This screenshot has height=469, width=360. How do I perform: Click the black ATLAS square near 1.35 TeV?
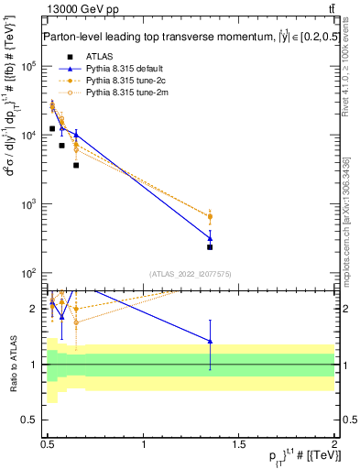[211, 247]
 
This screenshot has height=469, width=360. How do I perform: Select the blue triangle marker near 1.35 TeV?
[211, 238]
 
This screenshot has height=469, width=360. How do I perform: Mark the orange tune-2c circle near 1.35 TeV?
[211, 216]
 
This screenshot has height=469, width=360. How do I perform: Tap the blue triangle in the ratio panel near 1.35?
[211, 341]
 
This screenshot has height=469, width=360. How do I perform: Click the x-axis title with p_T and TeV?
[308, 457]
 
